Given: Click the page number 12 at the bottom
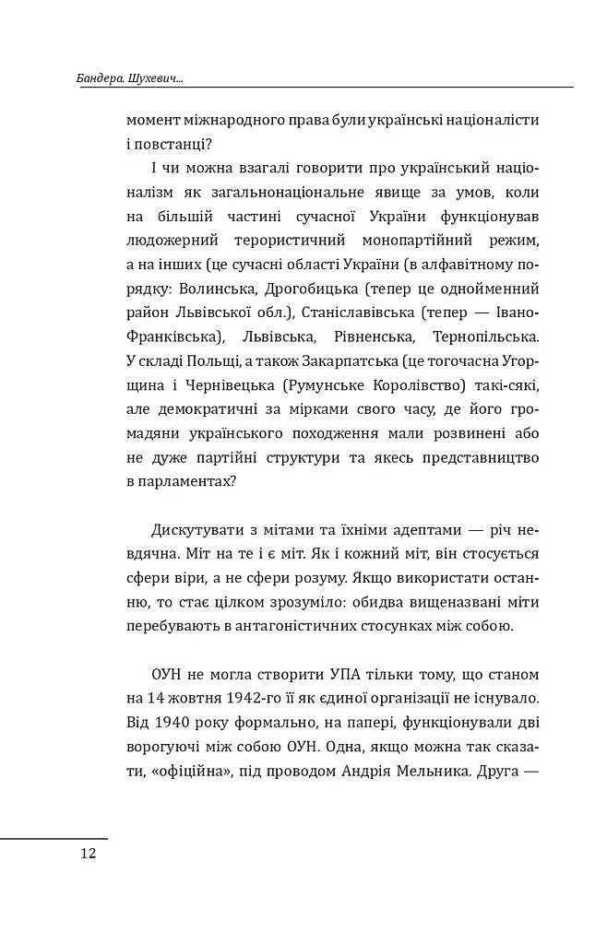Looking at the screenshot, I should click(x=88, y=853).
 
